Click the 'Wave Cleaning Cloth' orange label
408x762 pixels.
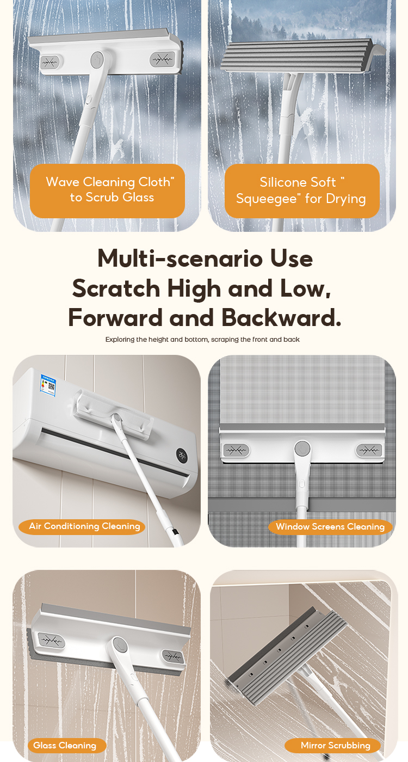pos(108,191)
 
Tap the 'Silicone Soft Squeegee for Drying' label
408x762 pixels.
pos(302,191)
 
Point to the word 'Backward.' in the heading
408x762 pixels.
pos(281,318)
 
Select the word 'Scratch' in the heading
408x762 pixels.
pos(116,288)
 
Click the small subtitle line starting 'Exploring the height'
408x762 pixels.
pos(202,340)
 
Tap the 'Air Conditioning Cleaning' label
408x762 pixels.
pos(82,526)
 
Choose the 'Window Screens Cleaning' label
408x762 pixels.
pos(330,527)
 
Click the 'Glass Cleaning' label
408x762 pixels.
pos(65,745)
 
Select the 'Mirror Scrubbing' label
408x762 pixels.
pos(333,745)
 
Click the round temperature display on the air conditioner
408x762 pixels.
pos(182,455)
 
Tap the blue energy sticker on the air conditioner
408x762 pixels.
pos(48,384)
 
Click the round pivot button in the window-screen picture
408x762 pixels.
pos(302,448)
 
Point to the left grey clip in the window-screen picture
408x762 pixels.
pos(237,451)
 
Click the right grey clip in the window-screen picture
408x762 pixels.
pos(369,451)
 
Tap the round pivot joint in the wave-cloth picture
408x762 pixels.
pos(97,59)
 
